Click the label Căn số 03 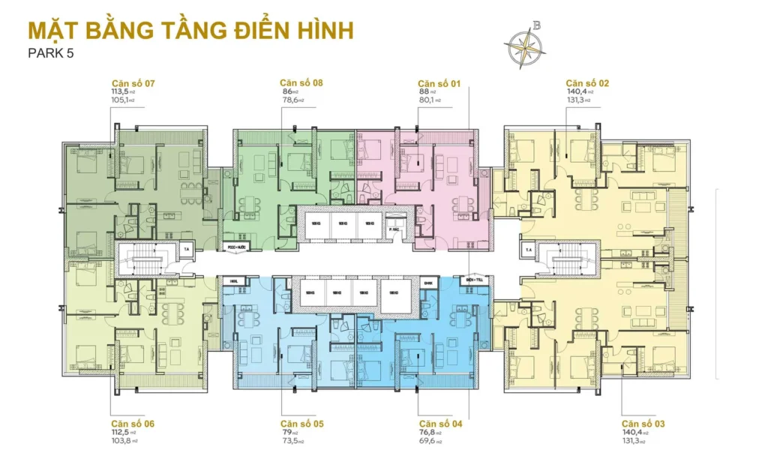coord(643,424)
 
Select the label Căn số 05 coord(302,424)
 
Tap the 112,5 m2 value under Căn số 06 coord(120,433)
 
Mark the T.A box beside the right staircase coord(529,250)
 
